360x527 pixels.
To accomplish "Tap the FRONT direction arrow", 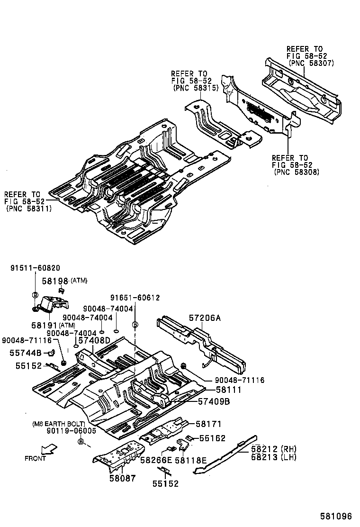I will tap(48, 449).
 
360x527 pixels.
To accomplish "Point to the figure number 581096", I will tap(337, 516).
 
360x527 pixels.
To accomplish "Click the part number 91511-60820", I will tap(35, 268).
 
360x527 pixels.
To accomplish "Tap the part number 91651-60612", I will tap(135, 298).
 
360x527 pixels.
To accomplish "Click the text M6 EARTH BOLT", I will tap(59, 423).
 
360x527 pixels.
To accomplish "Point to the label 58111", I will tap(229, 390).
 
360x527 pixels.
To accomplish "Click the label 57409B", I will tap(214, 401).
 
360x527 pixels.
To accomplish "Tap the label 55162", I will tap(212, 438).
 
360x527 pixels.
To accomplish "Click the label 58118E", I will tap(191, 460).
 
